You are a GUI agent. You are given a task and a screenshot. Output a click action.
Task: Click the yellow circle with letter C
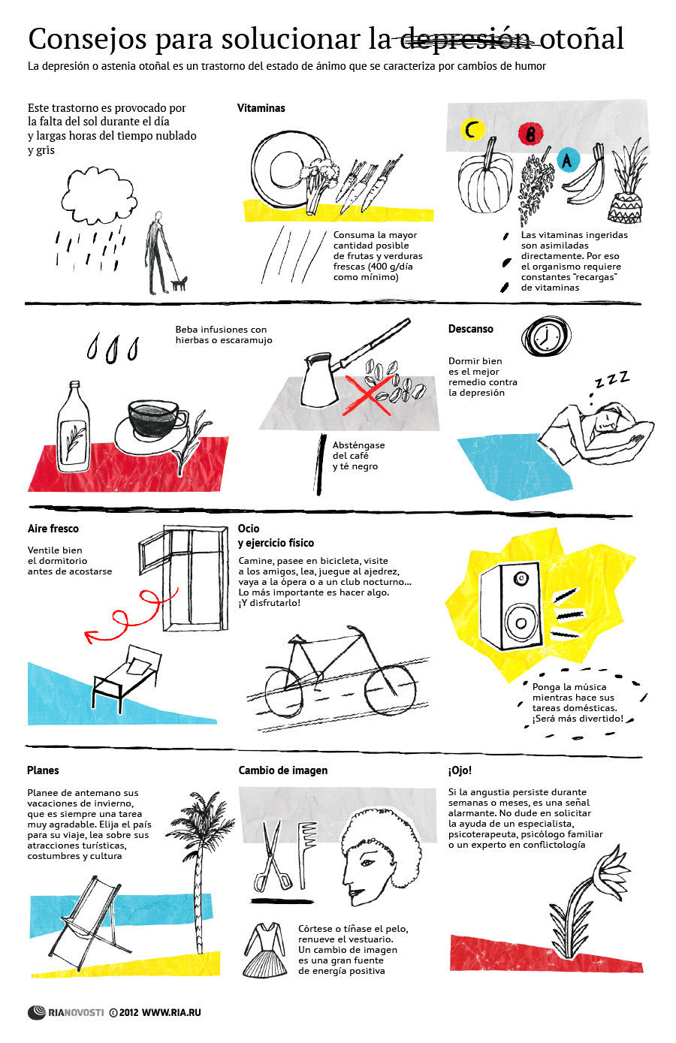(x=472, y=129)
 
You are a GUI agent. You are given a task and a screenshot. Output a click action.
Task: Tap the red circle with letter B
(x=530, y=134)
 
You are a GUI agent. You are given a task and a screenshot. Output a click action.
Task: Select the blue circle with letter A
(x=568, y=160)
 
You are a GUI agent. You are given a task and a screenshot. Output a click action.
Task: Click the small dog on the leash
(x=180, y=282)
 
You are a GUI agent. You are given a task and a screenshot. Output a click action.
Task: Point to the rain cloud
(x=99, y=196)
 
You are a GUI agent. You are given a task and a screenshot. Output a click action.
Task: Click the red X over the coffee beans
(x=368, y=395)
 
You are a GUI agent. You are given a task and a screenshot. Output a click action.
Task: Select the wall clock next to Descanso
(x=546, y=336)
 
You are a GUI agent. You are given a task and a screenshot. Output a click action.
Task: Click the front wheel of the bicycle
(x=390, y=690)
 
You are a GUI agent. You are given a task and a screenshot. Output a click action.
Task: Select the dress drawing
(x=264, y=950)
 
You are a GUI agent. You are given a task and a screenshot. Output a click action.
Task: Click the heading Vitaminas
(x=261, y=108)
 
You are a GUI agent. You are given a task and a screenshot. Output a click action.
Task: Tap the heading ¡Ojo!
(x=460, y=770)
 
